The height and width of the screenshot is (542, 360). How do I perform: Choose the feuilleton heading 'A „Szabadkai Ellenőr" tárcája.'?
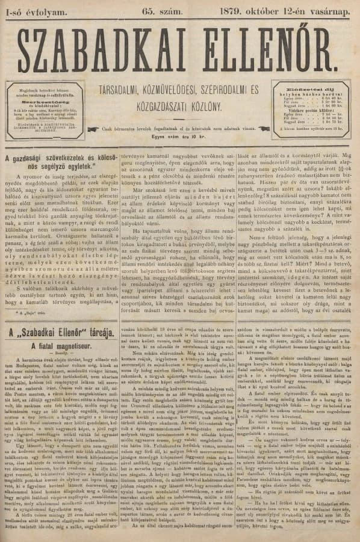tap(60, 331)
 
